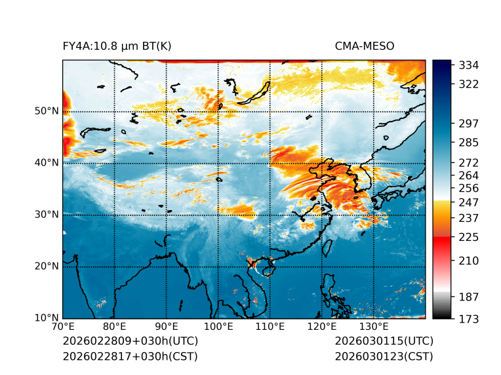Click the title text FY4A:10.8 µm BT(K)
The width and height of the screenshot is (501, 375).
(117, 46)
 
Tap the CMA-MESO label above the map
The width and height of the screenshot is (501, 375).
(365, 46)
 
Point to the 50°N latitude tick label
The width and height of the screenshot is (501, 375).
(47, 111)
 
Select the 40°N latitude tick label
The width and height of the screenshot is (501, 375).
(47, 163)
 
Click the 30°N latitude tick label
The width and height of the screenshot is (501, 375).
(47, 215)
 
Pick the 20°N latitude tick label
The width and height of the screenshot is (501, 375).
(47, 266)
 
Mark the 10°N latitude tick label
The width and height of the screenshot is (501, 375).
(47, 318)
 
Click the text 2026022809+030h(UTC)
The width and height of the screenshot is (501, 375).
(130, 342)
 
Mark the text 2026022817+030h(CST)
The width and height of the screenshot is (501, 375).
(130, 357)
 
